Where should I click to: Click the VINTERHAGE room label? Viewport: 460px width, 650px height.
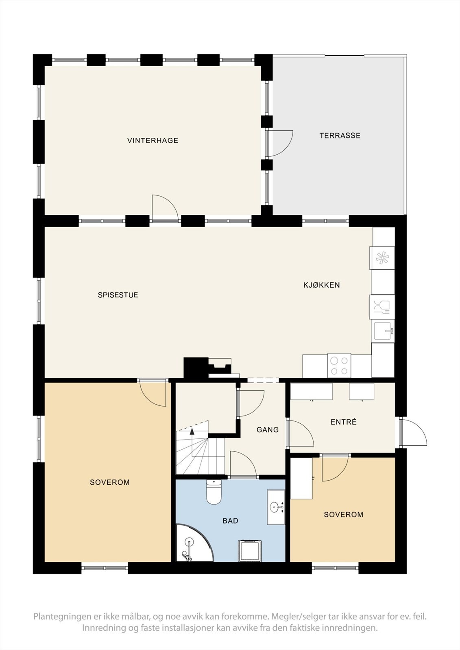coord(153,141)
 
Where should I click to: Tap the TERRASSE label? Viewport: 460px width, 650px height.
coord(340,136)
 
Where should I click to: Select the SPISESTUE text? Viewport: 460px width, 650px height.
coord(118,295)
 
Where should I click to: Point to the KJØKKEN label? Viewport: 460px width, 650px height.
coord(321,285)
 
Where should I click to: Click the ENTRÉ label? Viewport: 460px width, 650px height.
coord(343,422)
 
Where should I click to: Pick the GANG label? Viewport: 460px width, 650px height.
coord(267,430)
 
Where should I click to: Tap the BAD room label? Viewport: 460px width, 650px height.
coord(230,521)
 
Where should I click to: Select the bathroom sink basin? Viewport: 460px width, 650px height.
coord(276,507)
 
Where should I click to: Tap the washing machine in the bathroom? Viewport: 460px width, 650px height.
coord(249,550)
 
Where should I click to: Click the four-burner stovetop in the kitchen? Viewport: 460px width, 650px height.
coord(339,365)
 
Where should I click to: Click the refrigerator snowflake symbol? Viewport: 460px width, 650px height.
coord(382,258)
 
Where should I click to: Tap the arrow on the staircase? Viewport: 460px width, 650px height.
coord(192,431)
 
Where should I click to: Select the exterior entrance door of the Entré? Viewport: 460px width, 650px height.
coord(413,433)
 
